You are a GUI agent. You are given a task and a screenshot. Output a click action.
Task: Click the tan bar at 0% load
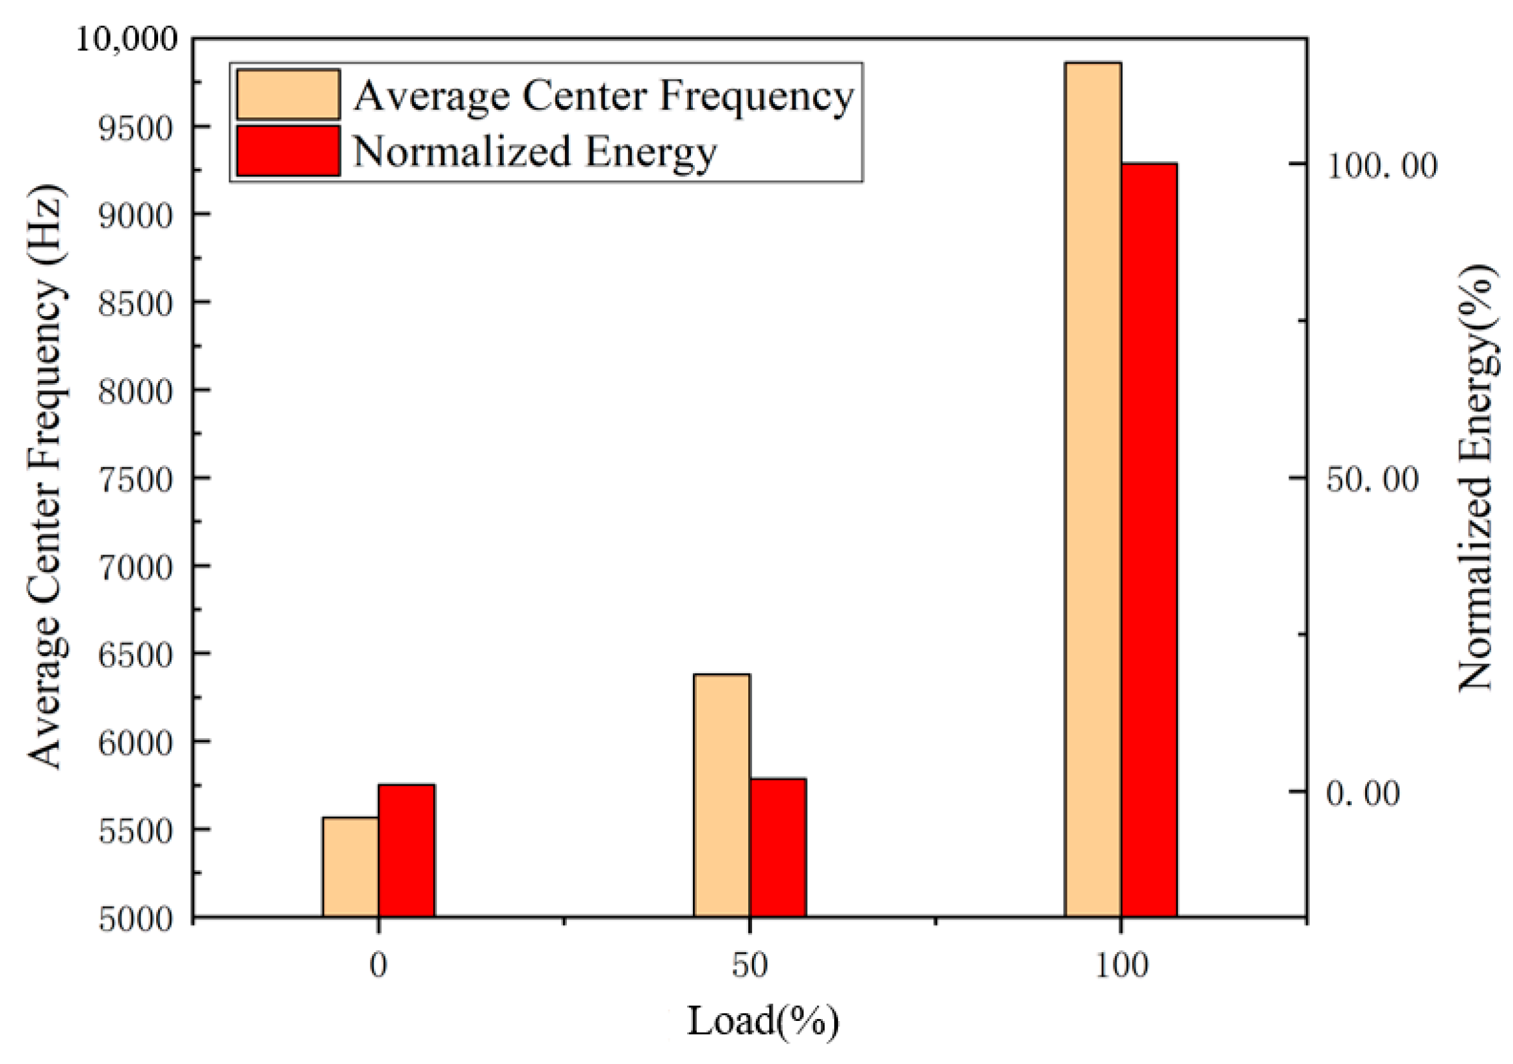point(350,866)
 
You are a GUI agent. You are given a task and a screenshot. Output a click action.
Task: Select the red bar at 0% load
point(406,850)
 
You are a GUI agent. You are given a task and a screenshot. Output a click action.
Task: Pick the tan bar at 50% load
point(722,795)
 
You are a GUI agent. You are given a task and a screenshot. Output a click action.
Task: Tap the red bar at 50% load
point(778,847)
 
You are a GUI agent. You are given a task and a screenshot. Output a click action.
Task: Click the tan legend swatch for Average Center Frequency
point(288,94)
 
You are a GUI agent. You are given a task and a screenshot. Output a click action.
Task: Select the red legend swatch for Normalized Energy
point(288,151)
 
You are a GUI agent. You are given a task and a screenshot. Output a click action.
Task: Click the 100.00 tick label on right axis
point(1381,165)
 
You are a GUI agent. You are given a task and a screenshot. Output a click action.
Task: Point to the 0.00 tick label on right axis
point(1363,793)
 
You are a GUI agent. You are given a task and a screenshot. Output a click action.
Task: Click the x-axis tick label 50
point(750,966)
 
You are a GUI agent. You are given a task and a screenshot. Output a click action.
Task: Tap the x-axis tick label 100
point(1122,966)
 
